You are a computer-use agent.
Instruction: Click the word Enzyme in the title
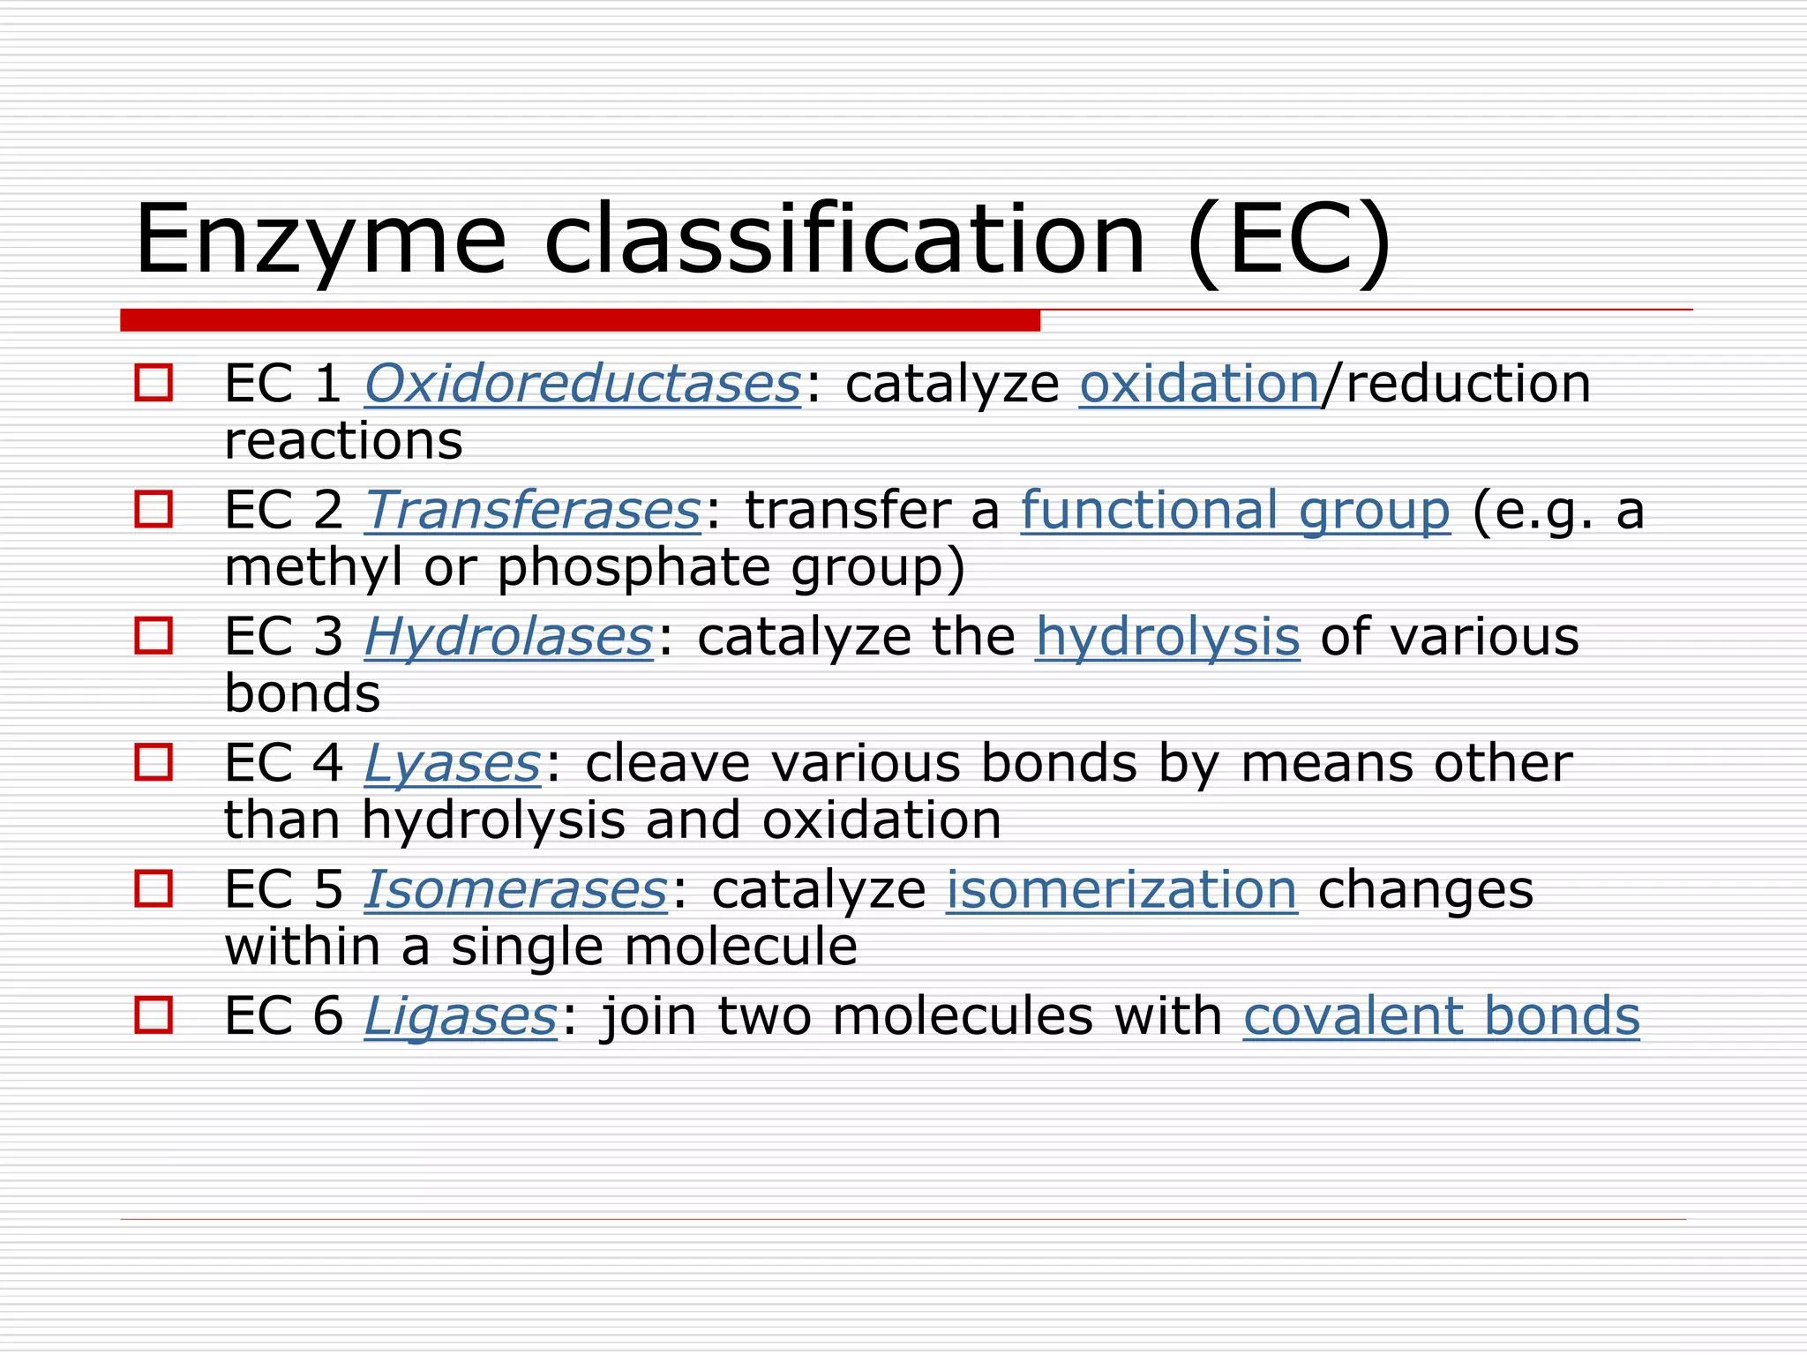point(320,241)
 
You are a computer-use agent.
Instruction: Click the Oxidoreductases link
point(582,385)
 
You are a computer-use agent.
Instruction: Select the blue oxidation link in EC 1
point(1199,385)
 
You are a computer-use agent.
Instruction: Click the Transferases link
point(532,511)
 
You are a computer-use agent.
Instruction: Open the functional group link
point(1235,511)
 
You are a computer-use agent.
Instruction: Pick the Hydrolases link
point(508,637)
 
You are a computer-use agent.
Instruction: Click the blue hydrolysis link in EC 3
point(1167,637)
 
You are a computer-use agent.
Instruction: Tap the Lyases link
point(452,763)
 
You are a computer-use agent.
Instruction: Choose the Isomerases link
point(515,889)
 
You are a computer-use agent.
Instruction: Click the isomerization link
point(1121,889)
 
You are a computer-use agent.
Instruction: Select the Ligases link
point(461,1016)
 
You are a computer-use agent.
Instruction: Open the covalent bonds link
point(1441,1016)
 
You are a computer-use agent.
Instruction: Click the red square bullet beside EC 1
point(154,384)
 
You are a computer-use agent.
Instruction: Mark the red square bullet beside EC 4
point(154,762)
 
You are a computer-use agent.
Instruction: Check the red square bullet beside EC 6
point(154,1014)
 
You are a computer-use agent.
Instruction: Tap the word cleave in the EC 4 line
point(667,763)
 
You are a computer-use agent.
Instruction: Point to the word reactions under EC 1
point(343,441)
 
